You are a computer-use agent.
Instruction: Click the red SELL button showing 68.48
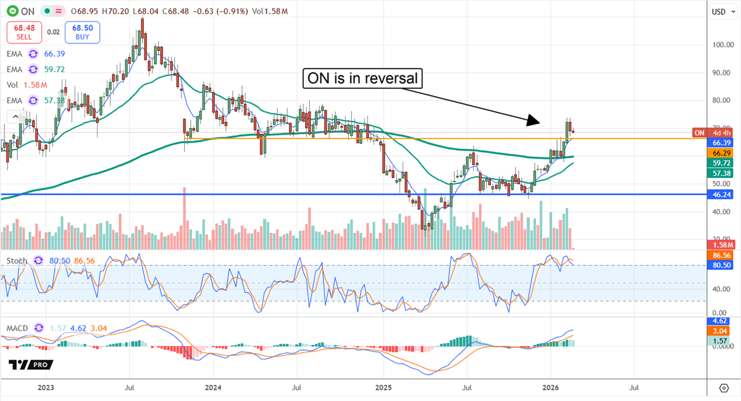pyautogui.click(x=24, y=32)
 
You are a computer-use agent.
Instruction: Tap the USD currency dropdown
pyautogui.click(x=720, y=11)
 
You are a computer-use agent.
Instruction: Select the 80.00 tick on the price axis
pyautogui.click(x=721, y=101)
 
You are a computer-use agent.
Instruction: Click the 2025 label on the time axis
pyautogui.click(x=383, y=388)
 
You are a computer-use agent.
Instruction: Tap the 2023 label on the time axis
pyautogui.click(x=45, y=388)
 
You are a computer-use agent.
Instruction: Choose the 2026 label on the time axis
pyautogui.click(x=550, y=388)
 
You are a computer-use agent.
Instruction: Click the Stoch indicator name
pyautogui.click(x=17, y=261)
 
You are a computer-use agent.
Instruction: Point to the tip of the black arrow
pyautogui.click(x=538, y=122)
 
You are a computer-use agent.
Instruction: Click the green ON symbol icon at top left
pyautogui.click(x=12, y=11)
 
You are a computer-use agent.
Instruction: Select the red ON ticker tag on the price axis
pyautogui.click(x=700, y=132)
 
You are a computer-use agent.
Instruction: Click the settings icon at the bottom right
pyautogui.click(x=724, y=388)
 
